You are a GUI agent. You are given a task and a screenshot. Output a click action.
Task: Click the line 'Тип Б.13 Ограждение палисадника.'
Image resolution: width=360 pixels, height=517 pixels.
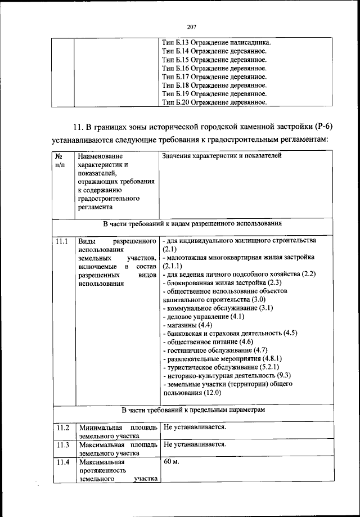point(217,43)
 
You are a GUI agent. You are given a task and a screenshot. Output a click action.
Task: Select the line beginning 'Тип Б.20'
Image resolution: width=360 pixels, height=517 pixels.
point(214,102)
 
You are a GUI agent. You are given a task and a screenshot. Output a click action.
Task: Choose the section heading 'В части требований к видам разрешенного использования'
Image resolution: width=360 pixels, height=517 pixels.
point(192,223)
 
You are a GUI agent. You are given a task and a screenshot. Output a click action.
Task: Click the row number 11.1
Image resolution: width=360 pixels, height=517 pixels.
point(62,241)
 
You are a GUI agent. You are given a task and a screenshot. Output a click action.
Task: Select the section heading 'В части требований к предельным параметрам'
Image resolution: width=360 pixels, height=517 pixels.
point(192,410)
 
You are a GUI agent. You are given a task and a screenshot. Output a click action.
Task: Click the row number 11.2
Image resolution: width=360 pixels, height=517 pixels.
point(62,428)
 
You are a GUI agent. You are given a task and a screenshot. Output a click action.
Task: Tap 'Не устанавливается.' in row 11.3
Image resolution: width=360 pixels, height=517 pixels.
point(195,444)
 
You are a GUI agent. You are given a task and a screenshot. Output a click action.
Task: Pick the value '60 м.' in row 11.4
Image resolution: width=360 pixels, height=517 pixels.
point(171,462)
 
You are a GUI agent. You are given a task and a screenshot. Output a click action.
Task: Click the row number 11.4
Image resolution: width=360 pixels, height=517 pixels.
point(62,462)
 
